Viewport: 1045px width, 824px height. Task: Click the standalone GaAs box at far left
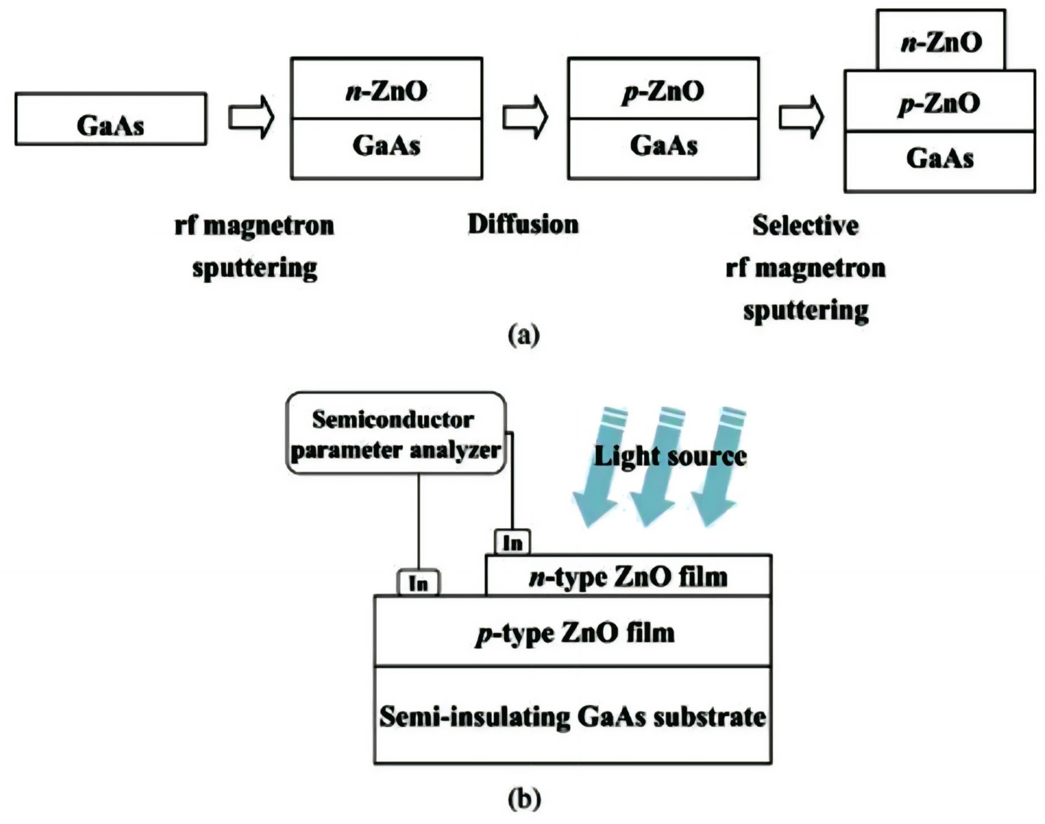[111, 119]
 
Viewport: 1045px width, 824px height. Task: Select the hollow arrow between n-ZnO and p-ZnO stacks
[525, 117]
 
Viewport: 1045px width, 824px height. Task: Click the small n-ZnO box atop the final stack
[941, 41]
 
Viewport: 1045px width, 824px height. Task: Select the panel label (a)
[524, 335]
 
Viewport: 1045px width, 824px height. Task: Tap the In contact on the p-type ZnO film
[418, 583]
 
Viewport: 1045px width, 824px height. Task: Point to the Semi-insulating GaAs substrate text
[573, 716]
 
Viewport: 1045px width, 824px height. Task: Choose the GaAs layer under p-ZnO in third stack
[663, 146]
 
